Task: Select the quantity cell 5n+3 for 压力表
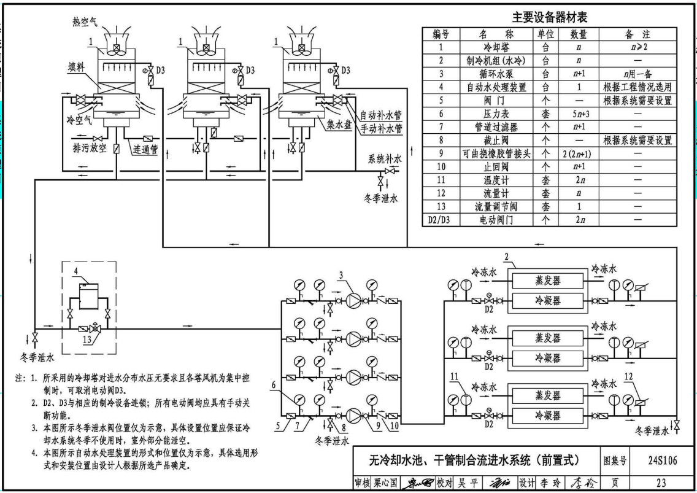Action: pyautogui.click(x=579, y=114)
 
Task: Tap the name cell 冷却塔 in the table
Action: pyautogui.click(x=496, y=47)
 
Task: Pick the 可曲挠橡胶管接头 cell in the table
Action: pyautogui.click(x=496, y=153)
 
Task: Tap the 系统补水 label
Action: pyautogui.click(x=385, y=159)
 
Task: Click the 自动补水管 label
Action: pyautogui.click(x=380, y=115)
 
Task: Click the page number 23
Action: pyautogui.click(x=661, y=483)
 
